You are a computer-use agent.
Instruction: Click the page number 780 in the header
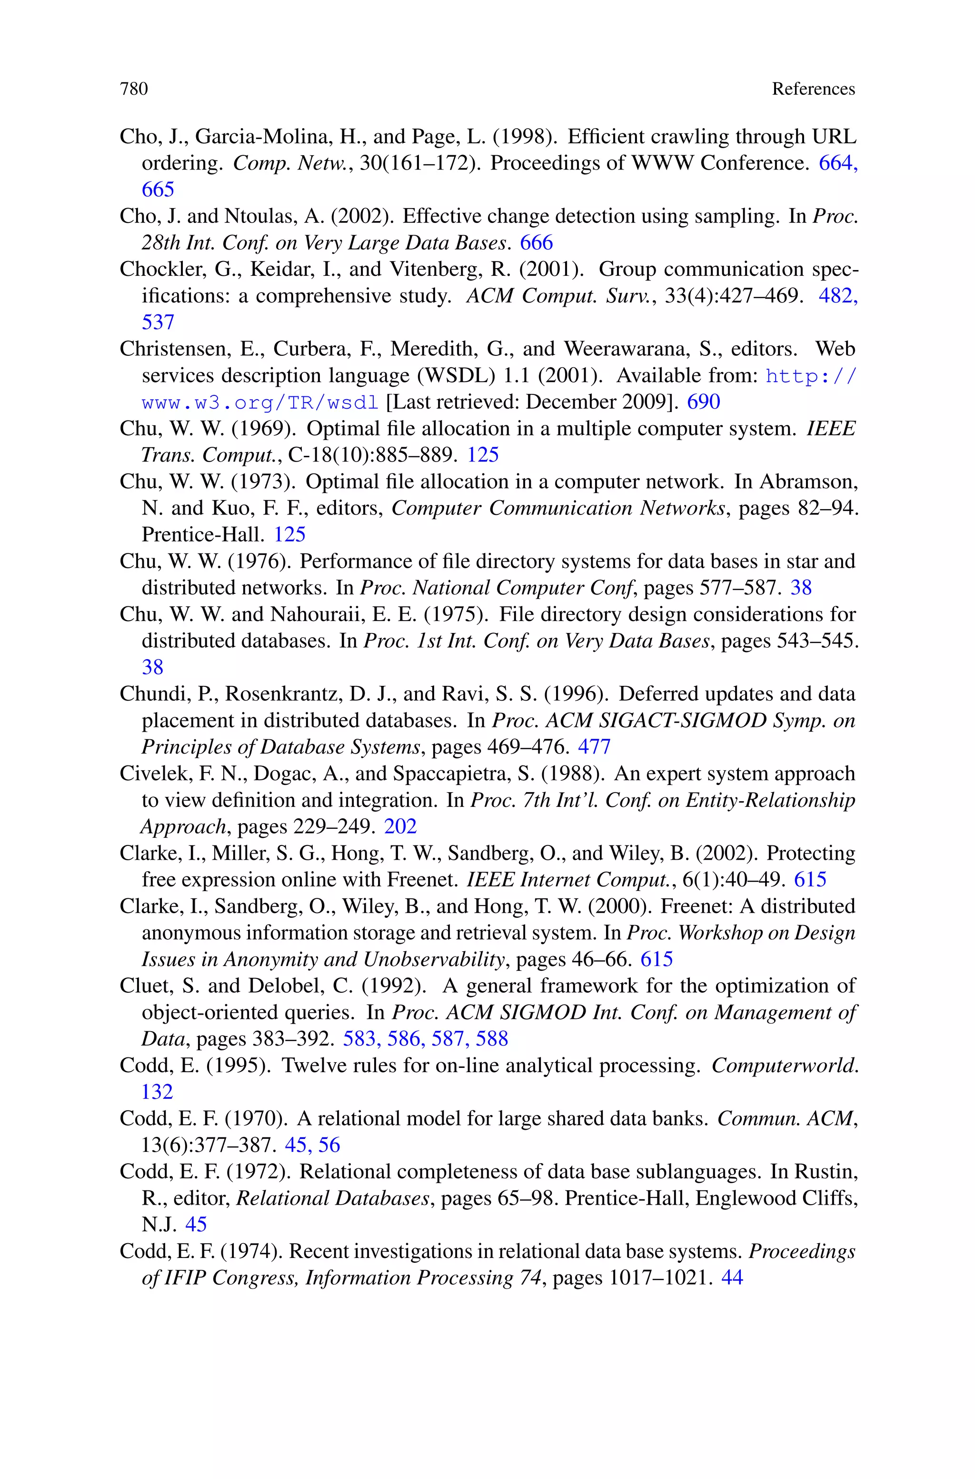click(x=134, y=90)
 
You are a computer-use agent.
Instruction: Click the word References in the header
click(x=813, y=90)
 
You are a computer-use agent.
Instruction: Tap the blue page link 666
click(x=537, y=242)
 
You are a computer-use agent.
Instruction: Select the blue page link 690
click(x=703, y=402)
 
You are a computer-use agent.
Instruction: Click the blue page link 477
click(x=595, y=747)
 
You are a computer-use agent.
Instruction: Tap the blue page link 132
click(x=157, y=1092)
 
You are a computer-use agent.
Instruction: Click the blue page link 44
click(x=732, y=1278)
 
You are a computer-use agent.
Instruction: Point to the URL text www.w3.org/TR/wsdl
click(x=260, y=403)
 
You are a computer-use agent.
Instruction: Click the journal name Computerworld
click(x=784, y=1066)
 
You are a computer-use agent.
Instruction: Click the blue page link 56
click(x=329, y=1145)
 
